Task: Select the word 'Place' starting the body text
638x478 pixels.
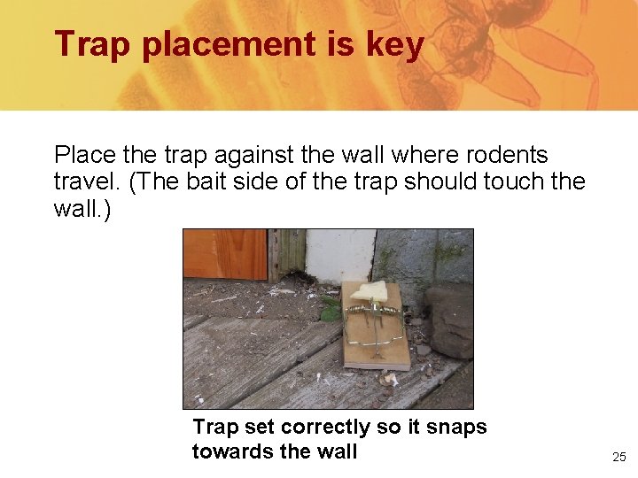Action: click(x=85, y=155)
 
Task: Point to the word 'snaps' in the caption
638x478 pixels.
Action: click(x=456, y=427)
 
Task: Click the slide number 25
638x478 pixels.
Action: click(x=619, y=458)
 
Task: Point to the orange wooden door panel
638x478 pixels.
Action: click(x=225, y=254)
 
